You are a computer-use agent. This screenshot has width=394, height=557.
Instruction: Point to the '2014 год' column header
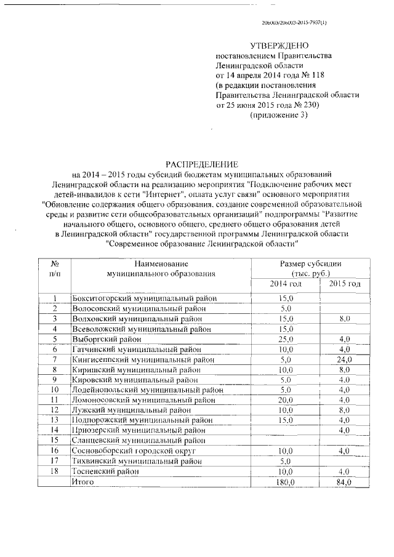tap(286, 284)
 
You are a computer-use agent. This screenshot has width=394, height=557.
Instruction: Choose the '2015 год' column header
tap(345, 284)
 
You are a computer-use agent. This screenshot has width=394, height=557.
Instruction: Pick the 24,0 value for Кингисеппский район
tap(344, 359)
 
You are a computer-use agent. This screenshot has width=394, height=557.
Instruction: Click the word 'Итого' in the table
tap(83, 482)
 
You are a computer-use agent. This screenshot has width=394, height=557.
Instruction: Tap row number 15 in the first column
tap(54, 440)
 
